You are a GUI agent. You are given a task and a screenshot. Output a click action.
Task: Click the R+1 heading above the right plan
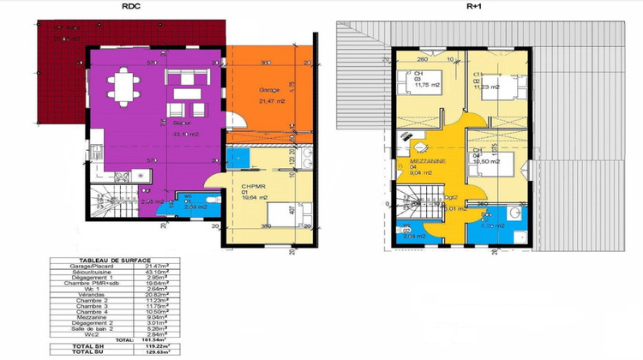coord(474,7)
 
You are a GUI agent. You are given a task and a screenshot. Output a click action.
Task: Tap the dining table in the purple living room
coord(122,85)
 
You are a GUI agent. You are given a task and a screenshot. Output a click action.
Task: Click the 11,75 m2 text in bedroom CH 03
coord(427,85)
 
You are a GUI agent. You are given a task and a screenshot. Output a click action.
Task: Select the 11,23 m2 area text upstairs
coord(488,85)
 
